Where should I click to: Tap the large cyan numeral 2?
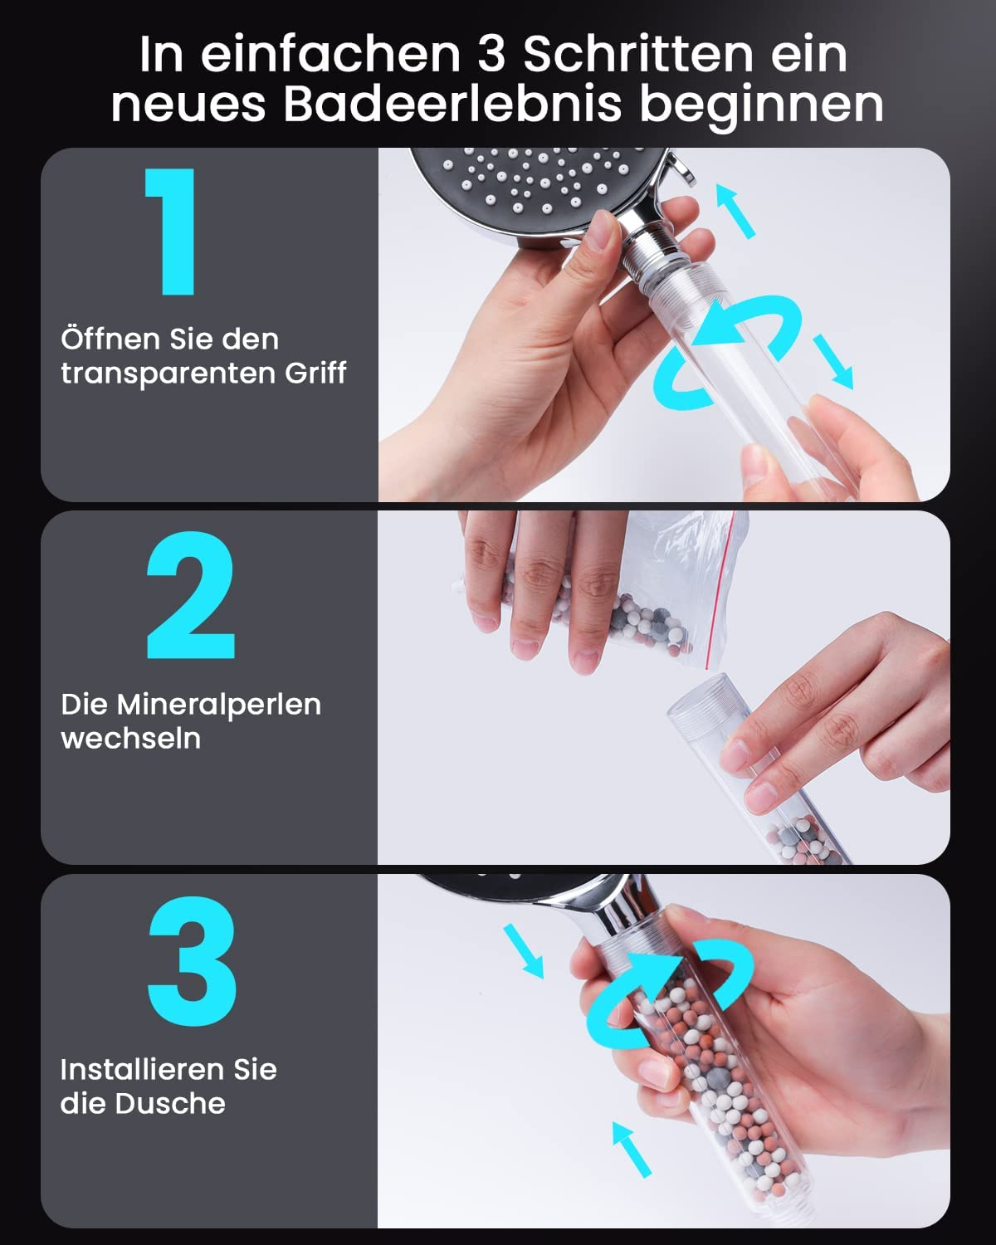pos(191,595)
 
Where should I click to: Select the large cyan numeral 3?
pos(192,961)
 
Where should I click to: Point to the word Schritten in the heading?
pos(638,55)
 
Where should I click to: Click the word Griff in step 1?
pos(315,373)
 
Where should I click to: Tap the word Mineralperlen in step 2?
pos(219,705)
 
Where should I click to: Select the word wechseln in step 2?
pos(131,738)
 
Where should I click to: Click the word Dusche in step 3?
pos(170,1103)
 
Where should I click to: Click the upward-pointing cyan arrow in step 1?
pos(735,211)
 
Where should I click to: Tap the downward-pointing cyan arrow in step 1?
pos(833,362)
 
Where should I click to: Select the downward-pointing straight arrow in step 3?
pos(523,951)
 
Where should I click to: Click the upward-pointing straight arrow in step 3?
pos(632,1150)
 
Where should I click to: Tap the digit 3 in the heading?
pos(491,55)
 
